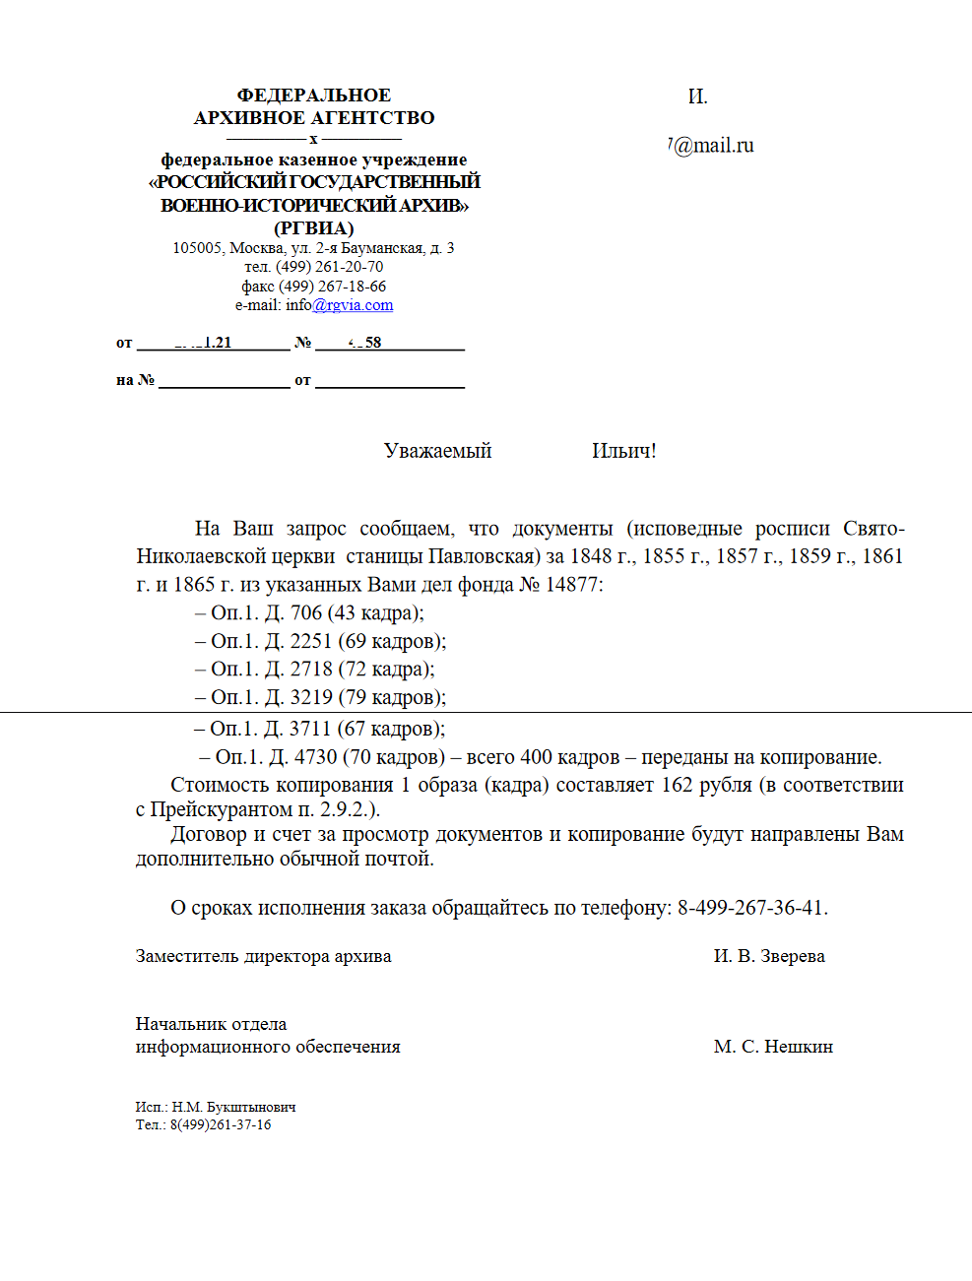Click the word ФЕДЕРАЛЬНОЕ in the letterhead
pyautogui.click(x=314, y=96)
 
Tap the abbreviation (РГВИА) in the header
pyautogui.click(x=314, y=228)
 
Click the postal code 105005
pyautogui.click(x=197, y=248)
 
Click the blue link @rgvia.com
pyautogui.click(x=353, y=305)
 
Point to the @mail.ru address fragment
pyautogui.click(x=713, y=146)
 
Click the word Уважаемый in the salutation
pyautogui.click(x=437, y=451)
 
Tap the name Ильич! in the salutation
pyautogui.click(x=623, y=451)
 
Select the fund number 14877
pyautogui.click(x=571, y=585)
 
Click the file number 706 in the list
pyautogui.click(x=306, y=613)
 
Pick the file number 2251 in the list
pyautogui.click(x=311, y=642)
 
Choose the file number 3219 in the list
pyautogui.click(x=311, y=698)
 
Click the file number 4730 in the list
pyautogui.click(x=315, y=757)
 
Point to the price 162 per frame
pyautogui.click(x=677, y=786)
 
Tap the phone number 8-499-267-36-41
pyautogui.click(x=751, y=908)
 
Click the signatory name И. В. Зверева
pyautogui.click(x=769, y=956)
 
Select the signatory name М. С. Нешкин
pyautogui.click(x=773, y=1047)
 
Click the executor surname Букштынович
pyautogui.click(x=251, y=1108)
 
